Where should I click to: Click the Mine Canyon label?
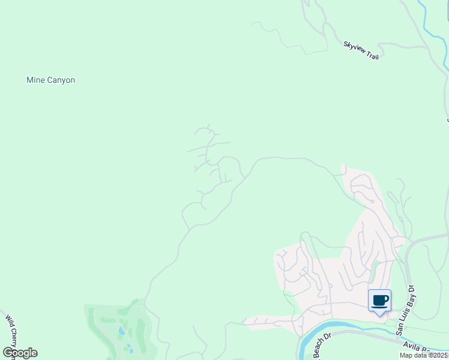50,80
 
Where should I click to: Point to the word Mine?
34,80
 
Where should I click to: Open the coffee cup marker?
379,300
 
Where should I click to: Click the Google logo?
20,353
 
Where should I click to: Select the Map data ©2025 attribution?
424,355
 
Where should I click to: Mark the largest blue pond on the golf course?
122,331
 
